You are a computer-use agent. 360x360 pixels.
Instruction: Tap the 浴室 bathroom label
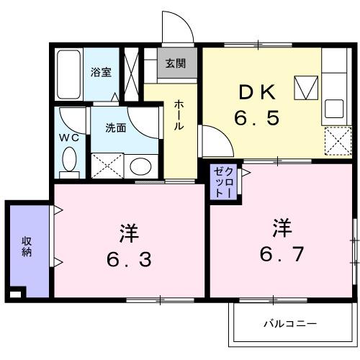(x=100, y=72)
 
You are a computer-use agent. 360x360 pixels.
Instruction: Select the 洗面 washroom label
(x=116, y=128)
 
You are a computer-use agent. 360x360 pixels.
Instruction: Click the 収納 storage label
(x=27, y=246)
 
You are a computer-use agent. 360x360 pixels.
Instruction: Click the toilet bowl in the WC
(x=70, y=160)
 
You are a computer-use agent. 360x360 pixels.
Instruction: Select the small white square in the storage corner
(x=16, y=293)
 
